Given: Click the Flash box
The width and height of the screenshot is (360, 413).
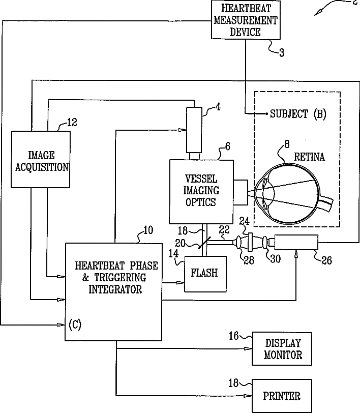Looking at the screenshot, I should (204, 273).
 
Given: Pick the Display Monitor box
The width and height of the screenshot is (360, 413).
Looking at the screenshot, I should (283, 348).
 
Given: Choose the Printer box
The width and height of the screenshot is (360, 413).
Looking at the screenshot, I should (281, 396).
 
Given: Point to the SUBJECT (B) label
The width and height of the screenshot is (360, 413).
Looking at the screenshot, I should (298, 114).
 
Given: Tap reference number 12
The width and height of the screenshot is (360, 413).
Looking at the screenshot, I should (73, 122).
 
